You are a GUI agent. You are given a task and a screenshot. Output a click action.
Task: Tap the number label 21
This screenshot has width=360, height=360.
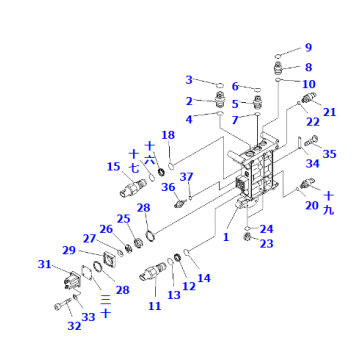pyautogui.click(x=329, y=111)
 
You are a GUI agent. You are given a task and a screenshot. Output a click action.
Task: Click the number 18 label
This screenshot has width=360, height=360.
pyautogui.click(x=168, y=134)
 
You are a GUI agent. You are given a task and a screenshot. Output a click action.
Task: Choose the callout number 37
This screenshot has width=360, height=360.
pyautogui.click(x=185, y=177)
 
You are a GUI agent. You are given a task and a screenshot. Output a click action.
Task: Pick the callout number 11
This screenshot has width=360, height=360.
pyautogui.click(x=154, y=305)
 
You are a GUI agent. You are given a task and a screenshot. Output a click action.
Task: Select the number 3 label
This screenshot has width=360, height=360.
pyautogui.click(x=188, y=80)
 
